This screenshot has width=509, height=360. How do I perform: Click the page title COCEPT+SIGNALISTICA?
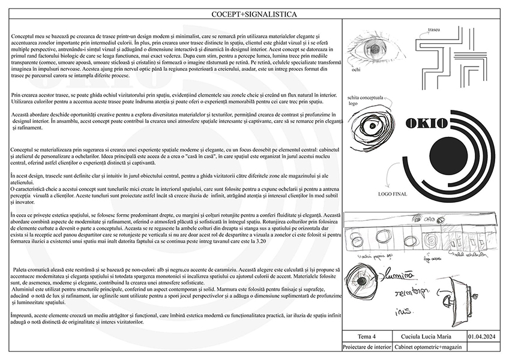pos(254,14)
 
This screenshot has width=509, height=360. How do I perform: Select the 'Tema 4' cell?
pos(366,336)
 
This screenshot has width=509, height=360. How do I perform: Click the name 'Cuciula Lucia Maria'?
pos(427,336)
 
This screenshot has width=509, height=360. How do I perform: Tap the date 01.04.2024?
pos(481,336)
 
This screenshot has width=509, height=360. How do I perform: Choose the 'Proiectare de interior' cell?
pos(366,347)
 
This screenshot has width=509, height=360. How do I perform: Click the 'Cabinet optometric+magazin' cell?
pos(427,347)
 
